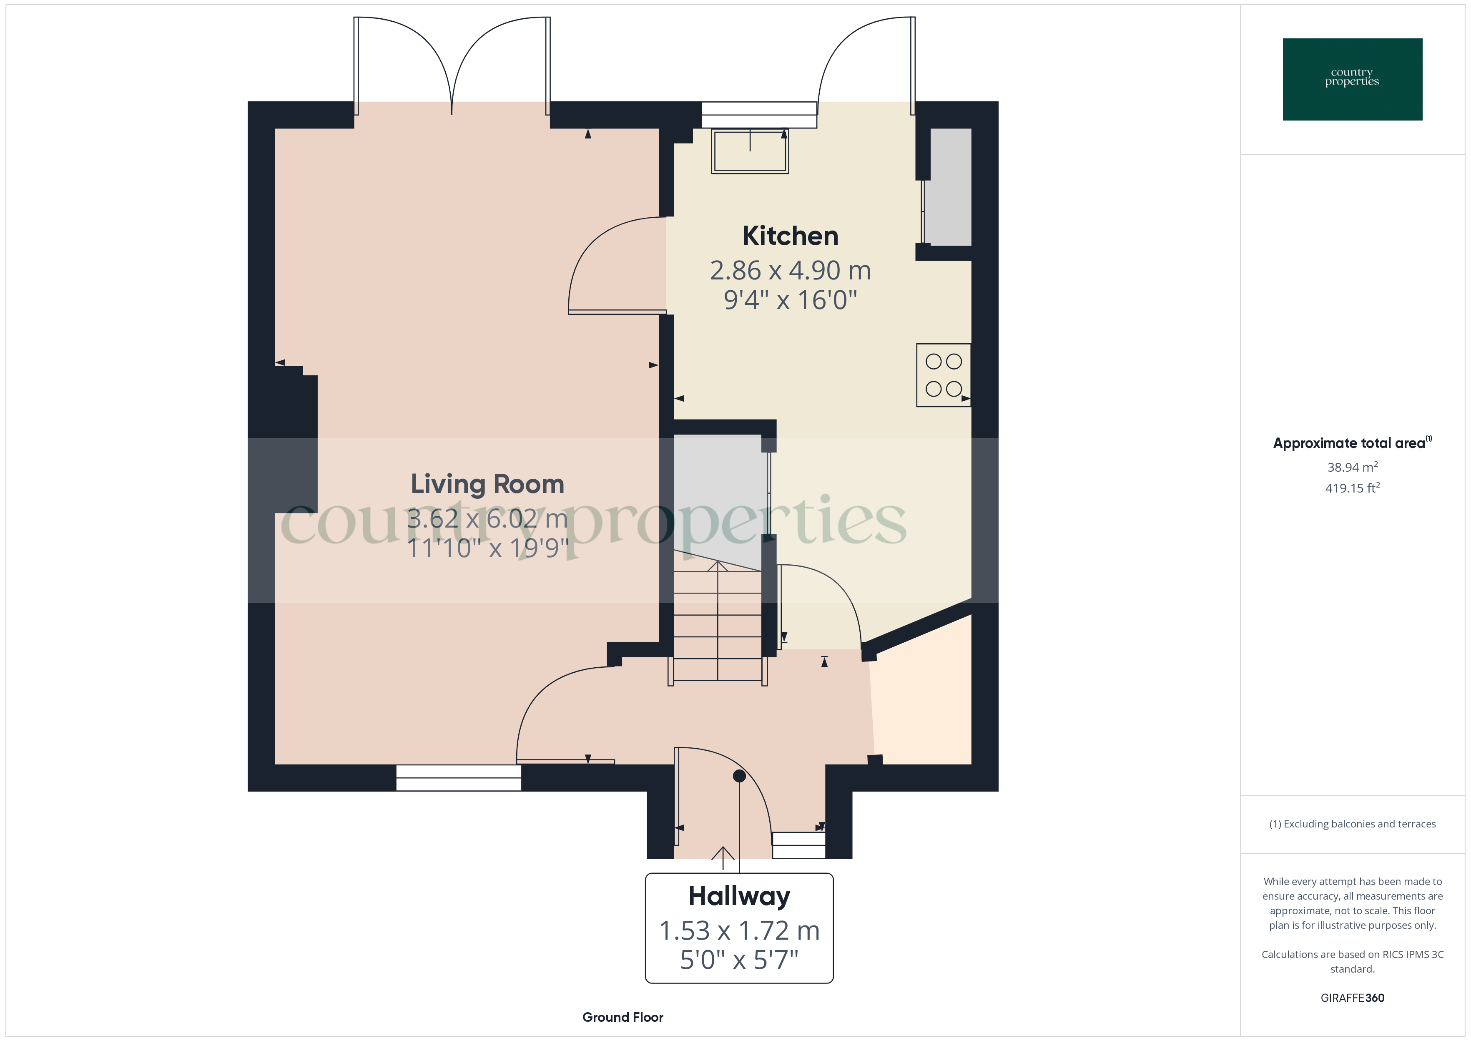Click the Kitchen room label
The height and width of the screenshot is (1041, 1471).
[790, 236]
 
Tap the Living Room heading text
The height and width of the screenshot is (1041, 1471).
[487, 484]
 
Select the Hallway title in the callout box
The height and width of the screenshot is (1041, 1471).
[739, 896]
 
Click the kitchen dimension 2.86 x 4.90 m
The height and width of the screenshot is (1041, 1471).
[790, 271]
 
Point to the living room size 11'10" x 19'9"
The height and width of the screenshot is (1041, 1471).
[487, 548]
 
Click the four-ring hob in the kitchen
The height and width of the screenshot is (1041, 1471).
[943, 375]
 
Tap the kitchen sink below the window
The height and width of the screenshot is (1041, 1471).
[750, 151]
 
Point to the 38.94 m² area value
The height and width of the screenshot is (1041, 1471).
[1352, 467]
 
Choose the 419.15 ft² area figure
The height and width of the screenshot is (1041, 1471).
[1352, 488]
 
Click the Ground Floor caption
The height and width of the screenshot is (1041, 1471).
[622, 1017]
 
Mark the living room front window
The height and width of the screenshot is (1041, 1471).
[458, 777]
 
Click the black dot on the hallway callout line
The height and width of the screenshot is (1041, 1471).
[739, 776]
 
